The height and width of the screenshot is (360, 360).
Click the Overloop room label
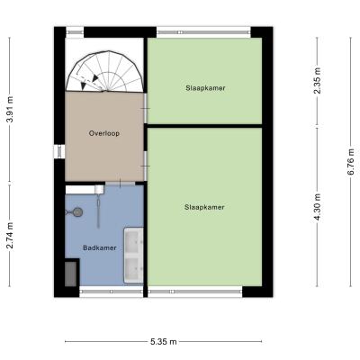(x=104, y=133)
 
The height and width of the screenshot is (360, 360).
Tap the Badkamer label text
(x=100, y=247)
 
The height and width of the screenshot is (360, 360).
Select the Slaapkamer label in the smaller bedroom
(x=205, y=88)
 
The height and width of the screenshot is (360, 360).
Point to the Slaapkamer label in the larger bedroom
(x=204, y=207)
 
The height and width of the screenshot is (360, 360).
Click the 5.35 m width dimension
(x=163, y=342)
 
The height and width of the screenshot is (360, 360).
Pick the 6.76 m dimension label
(x=351, y=162)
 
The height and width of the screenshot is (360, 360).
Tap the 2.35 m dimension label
(x=317, y=81)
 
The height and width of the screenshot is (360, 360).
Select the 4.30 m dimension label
(x=317, y=207)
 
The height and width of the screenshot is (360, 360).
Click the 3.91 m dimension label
(x=10, y=110)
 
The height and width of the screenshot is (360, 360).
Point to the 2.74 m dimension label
(x=10, y=236)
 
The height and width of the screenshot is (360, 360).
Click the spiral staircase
(x=104, y=71)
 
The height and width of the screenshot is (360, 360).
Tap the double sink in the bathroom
(x=134, y=256)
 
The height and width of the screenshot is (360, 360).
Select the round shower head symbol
(x=77, y=212)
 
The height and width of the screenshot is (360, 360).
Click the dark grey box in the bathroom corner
(x=71, y=274)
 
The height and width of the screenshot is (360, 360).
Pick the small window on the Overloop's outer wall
(x=59, y=151)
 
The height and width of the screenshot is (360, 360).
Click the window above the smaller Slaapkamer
(x=203, y=32)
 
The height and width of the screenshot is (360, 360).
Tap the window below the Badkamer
(x=112, y=292)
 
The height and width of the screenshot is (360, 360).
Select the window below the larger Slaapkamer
(x=195, y=292)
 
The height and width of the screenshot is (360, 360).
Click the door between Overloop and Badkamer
(x=120, y=183)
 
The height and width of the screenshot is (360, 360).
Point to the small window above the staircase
(x=75, y=32)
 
